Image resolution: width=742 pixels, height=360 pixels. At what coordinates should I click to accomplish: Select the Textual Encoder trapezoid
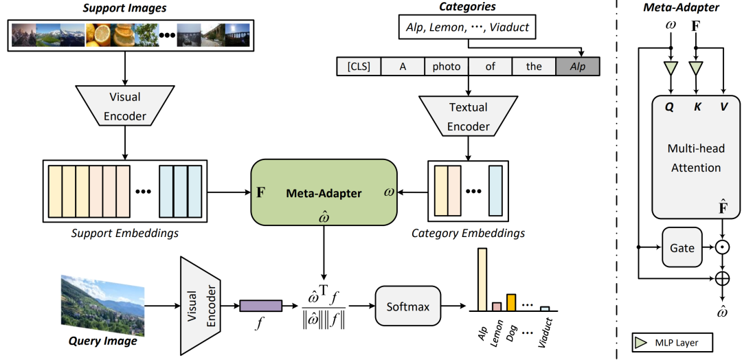tap(469, 117)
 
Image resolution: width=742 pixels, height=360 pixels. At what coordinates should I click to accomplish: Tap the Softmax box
tap(407, 306)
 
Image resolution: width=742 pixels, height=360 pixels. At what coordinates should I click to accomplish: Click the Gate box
tap(682, 247)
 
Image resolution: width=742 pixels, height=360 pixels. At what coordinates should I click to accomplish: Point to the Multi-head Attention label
tap(695, 157)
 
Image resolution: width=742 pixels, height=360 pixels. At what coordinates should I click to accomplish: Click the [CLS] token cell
tap(359, 67)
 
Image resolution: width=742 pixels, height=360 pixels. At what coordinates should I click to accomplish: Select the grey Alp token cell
tap(578, 67)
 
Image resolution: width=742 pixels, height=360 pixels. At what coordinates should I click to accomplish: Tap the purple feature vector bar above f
tap(261, 306)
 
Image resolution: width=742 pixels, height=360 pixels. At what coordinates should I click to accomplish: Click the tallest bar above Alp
tap(482, 280)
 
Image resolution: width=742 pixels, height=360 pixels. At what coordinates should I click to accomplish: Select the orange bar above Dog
tap(510, 302)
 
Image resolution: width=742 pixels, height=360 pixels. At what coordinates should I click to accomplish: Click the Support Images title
tap(126, 8)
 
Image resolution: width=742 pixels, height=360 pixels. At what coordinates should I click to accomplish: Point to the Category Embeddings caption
tap(468, 234)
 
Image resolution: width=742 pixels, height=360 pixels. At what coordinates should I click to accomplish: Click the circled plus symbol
tap(723, 278)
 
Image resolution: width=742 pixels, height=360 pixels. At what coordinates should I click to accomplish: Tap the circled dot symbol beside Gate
tap(723, 247)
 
